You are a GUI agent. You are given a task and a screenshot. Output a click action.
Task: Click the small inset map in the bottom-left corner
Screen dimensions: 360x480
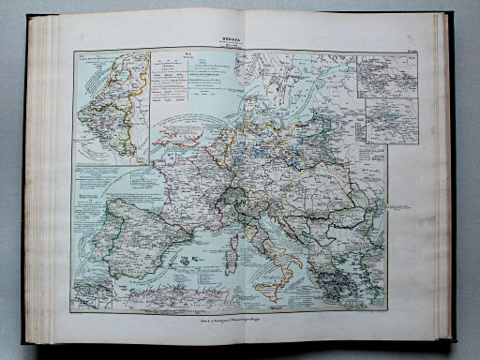tap(93, 293)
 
